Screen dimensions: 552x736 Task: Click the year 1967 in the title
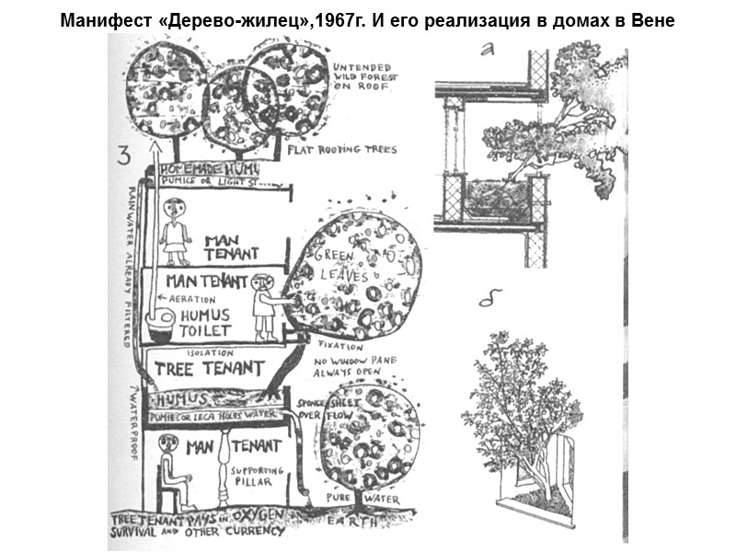[x=338, y=22]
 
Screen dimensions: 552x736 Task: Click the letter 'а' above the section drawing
[x=489, y=51]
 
